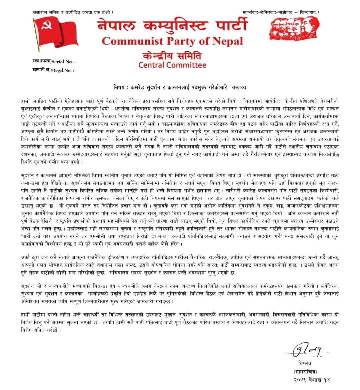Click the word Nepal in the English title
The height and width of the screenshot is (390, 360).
tap(228, 41)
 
